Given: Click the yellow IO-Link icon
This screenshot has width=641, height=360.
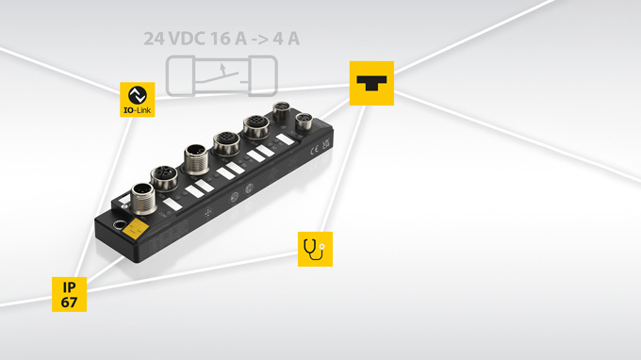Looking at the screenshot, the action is click(x=138, y=100).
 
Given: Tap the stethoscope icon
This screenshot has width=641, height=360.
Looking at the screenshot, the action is click(x=315, y=249).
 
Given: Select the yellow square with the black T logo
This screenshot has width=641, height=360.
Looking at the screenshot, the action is click(x=371, y=83).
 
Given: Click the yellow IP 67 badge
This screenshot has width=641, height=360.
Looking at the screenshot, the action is click(x=69, y=294).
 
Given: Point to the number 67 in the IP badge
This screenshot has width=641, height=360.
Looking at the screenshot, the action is click(x=69, y=303).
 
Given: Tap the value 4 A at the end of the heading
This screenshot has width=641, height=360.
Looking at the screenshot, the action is click(x=287, y=39).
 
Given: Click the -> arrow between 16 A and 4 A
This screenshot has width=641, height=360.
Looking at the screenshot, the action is click(x=260, y=40).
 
